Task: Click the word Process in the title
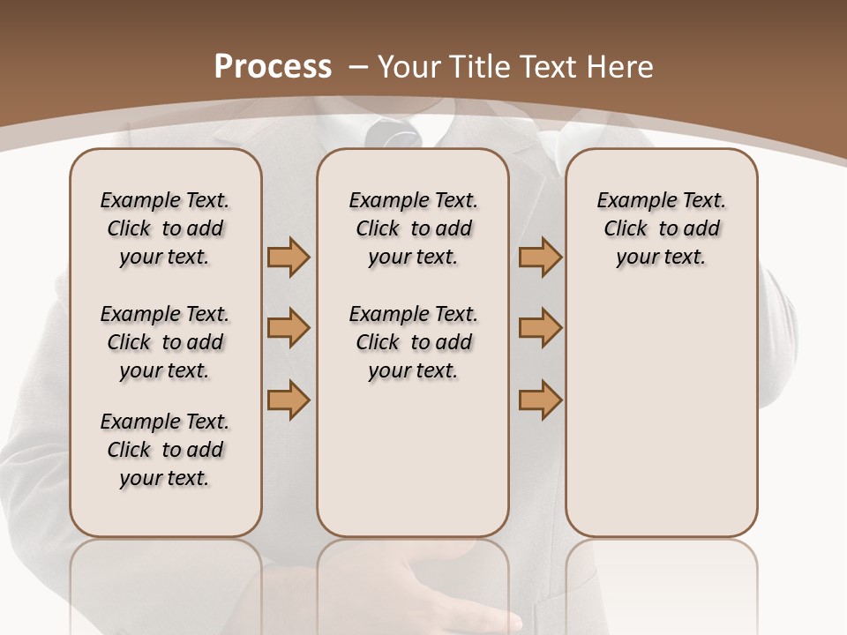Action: pyautogui.click(x=274, y=67)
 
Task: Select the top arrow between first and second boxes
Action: pyautogui.click(x=289, y=257)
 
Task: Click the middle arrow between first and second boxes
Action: pyautogui.click(x=289, y=328)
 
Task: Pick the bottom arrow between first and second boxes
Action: pyautogui.click(x=289, y=400)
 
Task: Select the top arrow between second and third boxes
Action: pyautogui.click(x=540, y=257)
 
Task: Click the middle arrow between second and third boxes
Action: pyautogui.click(x=540, y=328)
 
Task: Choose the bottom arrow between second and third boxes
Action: pyautogui.click(x=540, y=400)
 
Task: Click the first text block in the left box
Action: pyautogui.click(x=165, y=228)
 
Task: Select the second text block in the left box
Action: pyautogui.click(x=165, y=342)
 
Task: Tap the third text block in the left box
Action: pyautogui.click(x=165, y=450)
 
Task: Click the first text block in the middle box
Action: pyautogui.click(x=413, y=228)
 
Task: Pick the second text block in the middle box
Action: pyautogui.click(x=413, y=342)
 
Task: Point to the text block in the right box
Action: pyautogui.click(x=661, y=228)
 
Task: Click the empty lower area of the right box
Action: pyautogui.click(x=661, y=423)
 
